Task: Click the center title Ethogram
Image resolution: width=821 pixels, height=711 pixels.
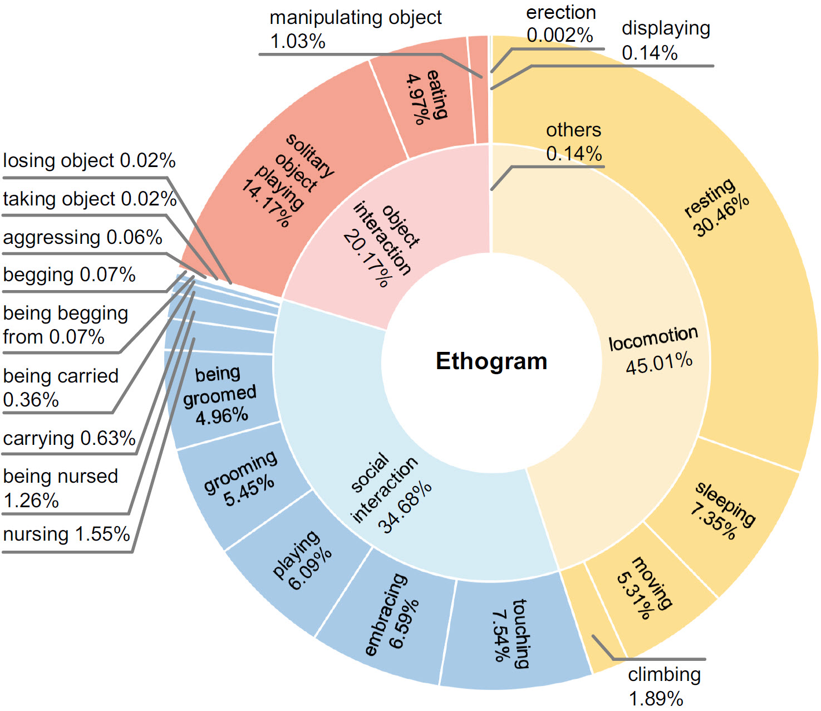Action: coord(491,361)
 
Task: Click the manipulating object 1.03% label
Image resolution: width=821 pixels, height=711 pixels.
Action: coord(355,29)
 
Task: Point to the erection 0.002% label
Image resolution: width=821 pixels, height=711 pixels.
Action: coord(561,23)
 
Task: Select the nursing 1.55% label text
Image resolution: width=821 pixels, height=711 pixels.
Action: coord(66,534)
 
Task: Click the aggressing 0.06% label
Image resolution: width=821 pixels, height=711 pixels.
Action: coord(82,237)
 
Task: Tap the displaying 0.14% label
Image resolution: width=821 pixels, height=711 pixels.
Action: coord(666,40)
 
